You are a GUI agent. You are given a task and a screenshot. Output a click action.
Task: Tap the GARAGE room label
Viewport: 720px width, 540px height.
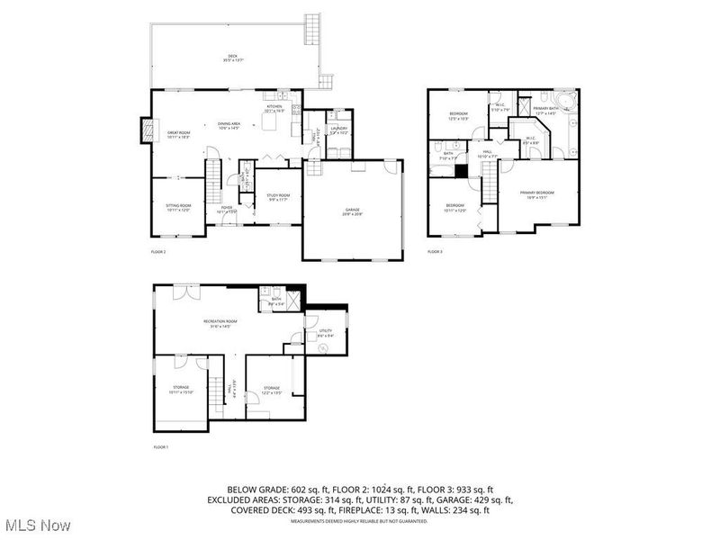pos(352,211)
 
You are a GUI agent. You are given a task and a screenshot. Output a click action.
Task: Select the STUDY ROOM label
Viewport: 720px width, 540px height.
pos(279,197)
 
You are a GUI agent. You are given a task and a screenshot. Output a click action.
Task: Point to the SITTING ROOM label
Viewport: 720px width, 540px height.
pos(177,207)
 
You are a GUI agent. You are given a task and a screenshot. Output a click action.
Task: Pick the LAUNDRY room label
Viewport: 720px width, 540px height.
pos(338,130)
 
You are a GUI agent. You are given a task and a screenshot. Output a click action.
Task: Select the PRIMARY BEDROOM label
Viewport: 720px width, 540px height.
pos(537,193)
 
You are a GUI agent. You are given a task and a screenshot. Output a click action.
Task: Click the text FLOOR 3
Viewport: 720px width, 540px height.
pos(435,252)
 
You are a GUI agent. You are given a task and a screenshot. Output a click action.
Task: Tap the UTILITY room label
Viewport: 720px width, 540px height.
pos(326,331)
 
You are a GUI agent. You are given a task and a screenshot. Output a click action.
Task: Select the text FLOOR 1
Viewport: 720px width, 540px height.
pos(161,446)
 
